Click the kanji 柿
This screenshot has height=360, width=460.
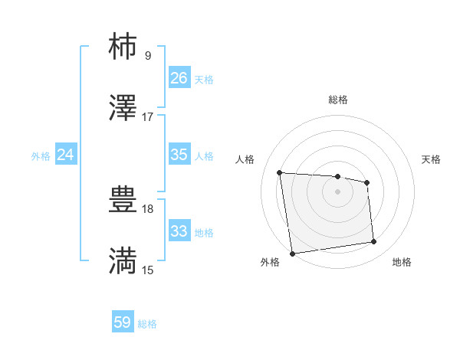click(123, 47)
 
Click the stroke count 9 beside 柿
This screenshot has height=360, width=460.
click(148, 55)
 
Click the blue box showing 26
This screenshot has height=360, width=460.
click(179, 77)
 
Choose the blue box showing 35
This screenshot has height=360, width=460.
click(179, 155)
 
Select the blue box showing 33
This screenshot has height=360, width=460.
click(179, 231)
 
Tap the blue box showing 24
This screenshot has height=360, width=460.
click(66, 155)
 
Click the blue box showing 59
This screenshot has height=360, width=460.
click(123, 322)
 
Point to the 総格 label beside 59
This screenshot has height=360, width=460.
click(147, 324)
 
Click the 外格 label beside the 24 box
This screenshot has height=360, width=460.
click(41, 156)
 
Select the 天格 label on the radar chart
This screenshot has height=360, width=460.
click(431, 159)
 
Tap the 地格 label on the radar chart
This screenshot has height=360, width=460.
click(402, 263)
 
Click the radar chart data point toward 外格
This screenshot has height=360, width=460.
click(292, 253)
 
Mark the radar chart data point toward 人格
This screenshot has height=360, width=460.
click(280, 172)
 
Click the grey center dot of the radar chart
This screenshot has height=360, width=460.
click(337, 191)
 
